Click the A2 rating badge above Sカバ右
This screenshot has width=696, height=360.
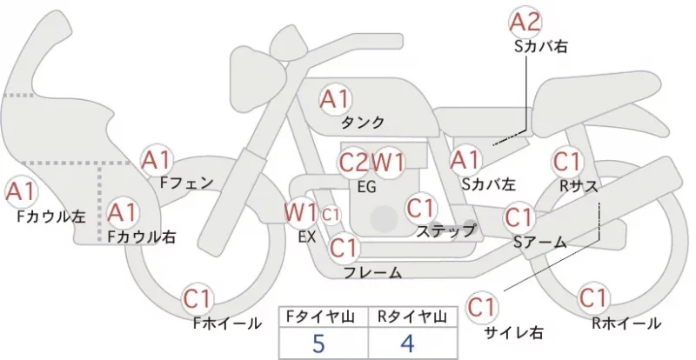[525, 23]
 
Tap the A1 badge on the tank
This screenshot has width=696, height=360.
[336, 99]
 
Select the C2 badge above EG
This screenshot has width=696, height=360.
[354, 163]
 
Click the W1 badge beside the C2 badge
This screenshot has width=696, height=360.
[388, 163]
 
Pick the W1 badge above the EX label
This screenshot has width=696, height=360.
[301, 213]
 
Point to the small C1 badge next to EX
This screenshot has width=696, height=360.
[331, 216]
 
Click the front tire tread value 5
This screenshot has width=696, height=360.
[318, 343]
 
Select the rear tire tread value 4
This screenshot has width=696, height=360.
[407, 343]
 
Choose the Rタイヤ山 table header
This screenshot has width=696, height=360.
[412, 317]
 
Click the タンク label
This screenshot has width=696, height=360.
[363, 122]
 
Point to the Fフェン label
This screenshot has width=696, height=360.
[187, 183]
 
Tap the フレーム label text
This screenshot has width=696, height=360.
[373, 272]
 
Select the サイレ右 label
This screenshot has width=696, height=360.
[513, 332]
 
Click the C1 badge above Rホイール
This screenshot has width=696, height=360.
[593, 298]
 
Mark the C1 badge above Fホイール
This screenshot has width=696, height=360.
[197, 299]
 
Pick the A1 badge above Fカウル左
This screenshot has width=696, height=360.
[20, 192]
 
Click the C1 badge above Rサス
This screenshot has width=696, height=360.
[567, 162]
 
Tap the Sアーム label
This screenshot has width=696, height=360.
[540, 243]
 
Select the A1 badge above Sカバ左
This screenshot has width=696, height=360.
[465, 160]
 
